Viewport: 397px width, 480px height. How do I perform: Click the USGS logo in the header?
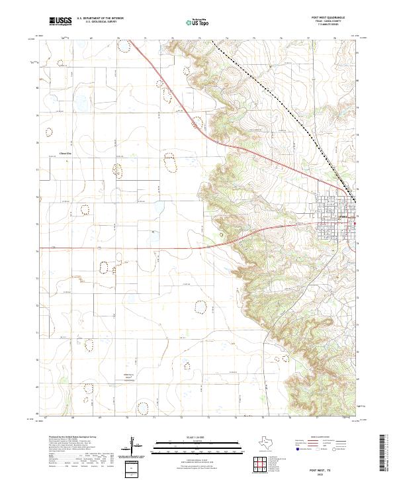tap(60, 22)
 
